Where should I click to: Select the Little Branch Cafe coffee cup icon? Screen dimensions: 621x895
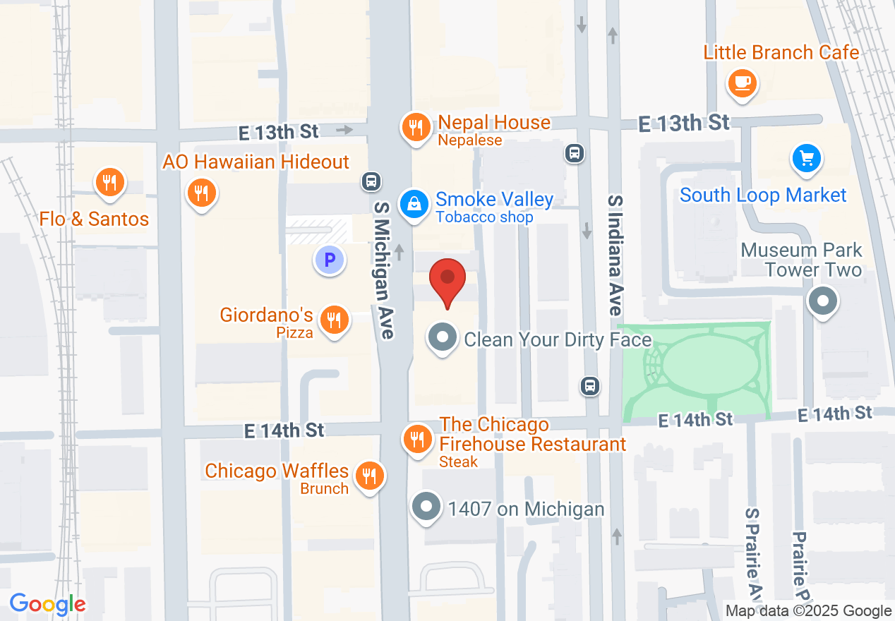click(x=741, y=83)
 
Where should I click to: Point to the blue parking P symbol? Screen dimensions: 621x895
click(x=329, y=260)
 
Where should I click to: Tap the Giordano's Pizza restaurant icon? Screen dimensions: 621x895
click(x=334, y=320)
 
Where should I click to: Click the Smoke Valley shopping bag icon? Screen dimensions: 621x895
click(x=415, y=205)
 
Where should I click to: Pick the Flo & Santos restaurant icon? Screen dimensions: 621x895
click(x=109, y=181)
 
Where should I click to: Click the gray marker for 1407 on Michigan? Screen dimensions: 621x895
click(x=426, y=507)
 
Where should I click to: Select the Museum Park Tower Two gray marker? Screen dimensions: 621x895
click(x=822, y=301)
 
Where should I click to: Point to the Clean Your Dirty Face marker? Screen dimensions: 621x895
click(x=443, y=337)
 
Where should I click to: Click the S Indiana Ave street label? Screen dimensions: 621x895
click(x=615, y=255)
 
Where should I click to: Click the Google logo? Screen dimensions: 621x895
click(x=48, y=604)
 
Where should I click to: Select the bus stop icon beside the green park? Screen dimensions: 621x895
click(x=590, y=386)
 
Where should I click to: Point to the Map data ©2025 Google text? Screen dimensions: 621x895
click(x=809, y=611)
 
